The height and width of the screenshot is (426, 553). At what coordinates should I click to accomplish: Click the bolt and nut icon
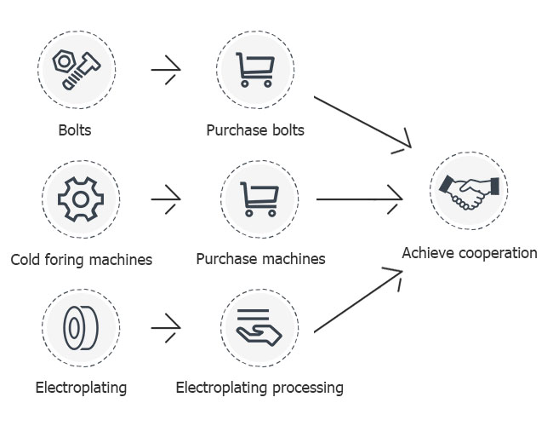[x=77, y=69]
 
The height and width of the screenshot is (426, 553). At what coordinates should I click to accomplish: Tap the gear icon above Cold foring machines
[x=80, y=199]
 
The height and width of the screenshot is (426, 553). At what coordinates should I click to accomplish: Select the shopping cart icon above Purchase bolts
[x=255, y=69]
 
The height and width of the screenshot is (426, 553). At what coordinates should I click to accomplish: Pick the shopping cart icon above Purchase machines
[x=259, y=199]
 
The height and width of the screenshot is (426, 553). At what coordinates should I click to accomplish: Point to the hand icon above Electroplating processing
[x=259, y=327]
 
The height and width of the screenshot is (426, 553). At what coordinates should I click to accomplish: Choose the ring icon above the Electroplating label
[x=80, y=327]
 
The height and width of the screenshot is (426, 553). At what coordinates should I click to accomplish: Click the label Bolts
[x=75, y=131]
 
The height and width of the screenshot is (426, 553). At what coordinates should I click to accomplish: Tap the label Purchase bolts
[x=255, y=131]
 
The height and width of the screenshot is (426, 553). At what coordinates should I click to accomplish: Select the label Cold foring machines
[x=82, y=260]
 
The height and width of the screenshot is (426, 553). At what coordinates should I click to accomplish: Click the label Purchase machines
[x=260, y=258]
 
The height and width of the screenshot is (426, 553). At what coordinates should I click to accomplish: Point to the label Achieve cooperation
[x=470, y=253]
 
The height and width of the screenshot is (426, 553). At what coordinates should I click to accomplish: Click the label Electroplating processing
[x=259, y=389]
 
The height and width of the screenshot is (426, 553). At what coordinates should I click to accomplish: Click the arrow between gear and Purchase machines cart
[x=166, y=199]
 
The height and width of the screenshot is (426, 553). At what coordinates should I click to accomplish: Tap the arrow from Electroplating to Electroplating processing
[x=166, y=325]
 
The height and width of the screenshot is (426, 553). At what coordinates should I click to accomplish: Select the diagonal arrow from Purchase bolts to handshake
[x=362, y=123]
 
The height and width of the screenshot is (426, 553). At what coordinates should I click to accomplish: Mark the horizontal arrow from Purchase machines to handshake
[x=359, y=200]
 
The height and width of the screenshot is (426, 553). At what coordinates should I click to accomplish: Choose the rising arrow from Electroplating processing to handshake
[x=357, y=301]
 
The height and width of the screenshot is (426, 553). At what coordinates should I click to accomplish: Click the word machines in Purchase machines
[x=293, y=258]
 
